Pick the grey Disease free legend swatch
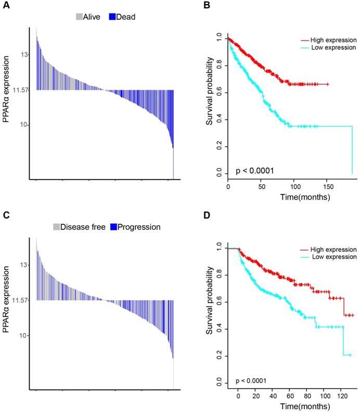click(x=56, y=227)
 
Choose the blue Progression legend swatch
click(x=113, y=227)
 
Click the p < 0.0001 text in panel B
click(x=255, y=170)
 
